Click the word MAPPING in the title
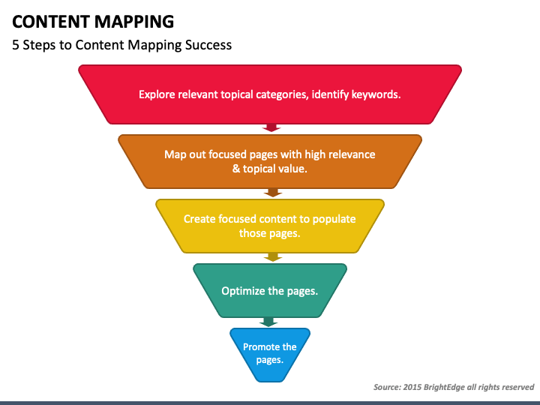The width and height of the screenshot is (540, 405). coord(133,20)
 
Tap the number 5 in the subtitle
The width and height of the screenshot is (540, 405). coord(16,45)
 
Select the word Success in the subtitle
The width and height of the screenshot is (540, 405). coord(208,45)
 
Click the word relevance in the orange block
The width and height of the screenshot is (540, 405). coord(350,154)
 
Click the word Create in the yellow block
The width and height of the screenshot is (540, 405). coord(199,219)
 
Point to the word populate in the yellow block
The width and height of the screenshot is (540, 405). coord(332,219)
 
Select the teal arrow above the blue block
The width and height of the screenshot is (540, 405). coord(268,322)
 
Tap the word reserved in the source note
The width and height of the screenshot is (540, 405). coord(517,387)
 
